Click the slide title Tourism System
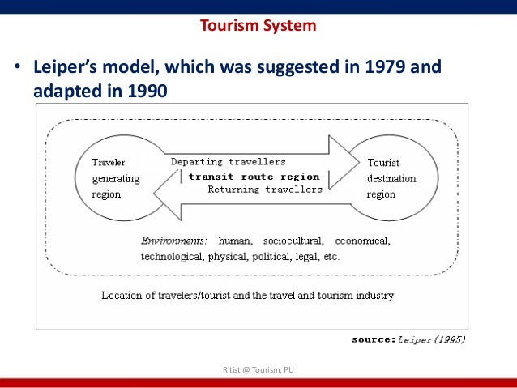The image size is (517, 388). point(258,25)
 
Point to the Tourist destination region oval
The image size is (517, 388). point(392,179)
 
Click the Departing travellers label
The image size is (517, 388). point(228,162)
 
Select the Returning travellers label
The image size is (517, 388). point(265,190)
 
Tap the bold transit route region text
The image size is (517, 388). point(254,176)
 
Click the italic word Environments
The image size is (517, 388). point(173,241)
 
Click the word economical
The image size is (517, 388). point(362,241)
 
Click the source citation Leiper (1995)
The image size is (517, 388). point(431,340)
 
